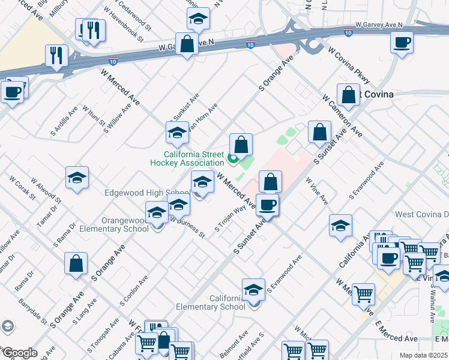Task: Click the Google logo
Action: (x=19, y=353)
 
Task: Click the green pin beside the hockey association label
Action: (x=234, y=159)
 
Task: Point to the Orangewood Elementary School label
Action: (x=121, y=224)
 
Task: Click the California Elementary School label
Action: (x=211, y=302)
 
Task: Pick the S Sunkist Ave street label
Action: (x=186, y=110)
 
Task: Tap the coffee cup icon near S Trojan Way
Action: (x=268, y=205)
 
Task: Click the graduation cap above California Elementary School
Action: (x=254, y=290)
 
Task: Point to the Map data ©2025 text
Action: (x=424, y=355)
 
